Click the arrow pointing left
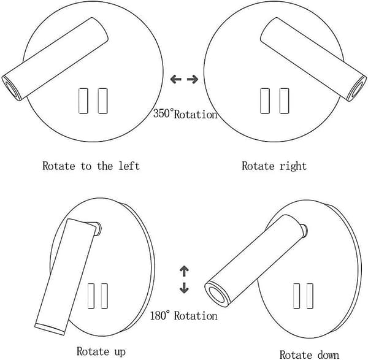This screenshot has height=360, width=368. [x=175, y=79]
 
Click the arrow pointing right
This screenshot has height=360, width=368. [x=193, y=79]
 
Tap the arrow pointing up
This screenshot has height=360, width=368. [x=184, y=271]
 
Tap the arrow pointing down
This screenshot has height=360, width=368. [x=184, y=288]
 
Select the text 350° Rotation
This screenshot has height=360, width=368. [x=185, y=114]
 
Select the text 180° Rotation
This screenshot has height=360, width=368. [x=183, y=315]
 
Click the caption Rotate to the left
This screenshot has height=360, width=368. [x=91, y=166]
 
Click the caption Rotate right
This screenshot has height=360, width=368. [x=274, y=166]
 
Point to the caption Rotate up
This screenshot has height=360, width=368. [x=101, y=351]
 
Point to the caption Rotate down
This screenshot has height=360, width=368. [x=309, y=354]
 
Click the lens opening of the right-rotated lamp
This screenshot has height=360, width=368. [x=357, y=89]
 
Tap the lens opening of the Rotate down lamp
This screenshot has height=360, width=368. [x=217, y=294]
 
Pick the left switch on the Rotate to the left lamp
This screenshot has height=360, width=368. [x=83, y=101]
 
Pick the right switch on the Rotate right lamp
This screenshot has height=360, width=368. [x=285, y=101]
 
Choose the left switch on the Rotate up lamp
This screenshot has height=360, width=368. [x=91, y=296]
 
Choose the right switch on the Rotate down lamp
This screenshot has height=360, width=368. [x=310, y=296]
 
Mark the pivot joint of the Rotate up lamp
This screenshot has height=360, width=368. [x=96, y=228]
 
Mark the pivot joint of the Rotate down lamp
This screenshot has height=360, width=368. [x=304, y=231]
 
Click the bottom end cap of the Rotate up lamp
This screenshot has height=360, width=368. [x=50, y=329]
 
